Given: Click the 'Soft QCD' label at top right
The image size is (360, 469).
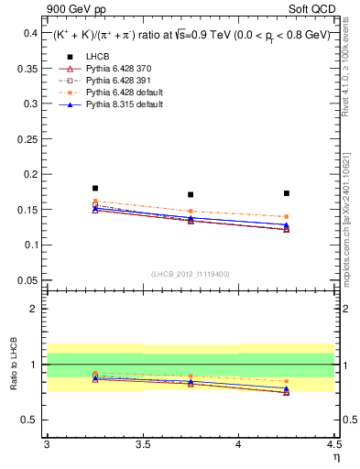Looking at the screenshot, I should (x=314, y=10).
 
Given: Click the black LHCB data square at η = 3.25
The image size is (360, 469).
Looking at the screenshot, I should (x=95, y=188).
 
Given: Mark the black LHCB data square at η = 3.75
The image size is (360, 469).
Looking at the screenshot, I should (x=191, y=194).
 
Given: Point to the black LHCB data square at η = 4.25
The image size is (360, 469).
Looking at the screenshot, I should (x=287, y=193).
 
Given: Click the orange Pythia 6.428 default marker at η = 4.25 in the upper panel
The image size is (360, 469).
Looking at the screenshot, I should (x=287, y=217).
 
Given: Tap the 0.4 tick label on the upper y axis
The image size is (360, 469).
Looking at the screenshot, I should (x=30, y=33).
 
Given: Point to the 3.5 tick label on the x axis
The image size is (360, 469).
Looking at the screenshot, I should (x=143, y=444).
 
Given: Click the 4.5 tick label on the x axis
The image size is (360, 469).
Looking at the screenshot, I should (x=333, y=444).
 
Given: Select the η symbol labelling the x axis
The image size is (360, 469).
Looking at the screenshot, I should (x=335, y=456).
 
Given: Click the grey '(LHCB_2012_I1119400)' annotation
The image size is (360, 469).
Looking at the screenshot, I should (x=191, y=274).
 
